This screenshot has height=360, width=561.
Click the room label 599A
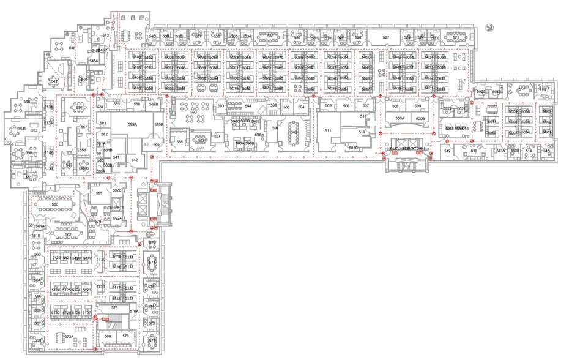132,124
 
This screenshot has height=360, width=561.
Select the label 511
328,130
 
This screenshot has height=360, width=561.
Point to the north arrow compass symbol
491,27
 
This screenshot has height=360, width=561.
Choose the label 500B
420,118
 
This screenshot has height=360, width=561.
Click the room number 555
99,193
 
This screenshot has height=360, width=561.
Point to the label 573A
69,337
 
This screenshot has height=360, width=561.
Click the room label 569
108,336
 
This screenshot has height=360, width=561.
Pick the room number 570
125,336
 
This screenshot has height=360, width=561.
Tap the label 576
114,307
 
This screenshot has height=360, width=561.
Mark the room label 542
135,160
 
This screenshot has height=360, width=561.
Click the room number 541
116,158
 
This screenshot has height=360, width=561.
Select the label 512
447,151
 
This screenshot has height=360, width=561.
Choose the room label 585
116,104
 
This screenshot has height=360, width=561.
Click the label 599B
158,125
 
